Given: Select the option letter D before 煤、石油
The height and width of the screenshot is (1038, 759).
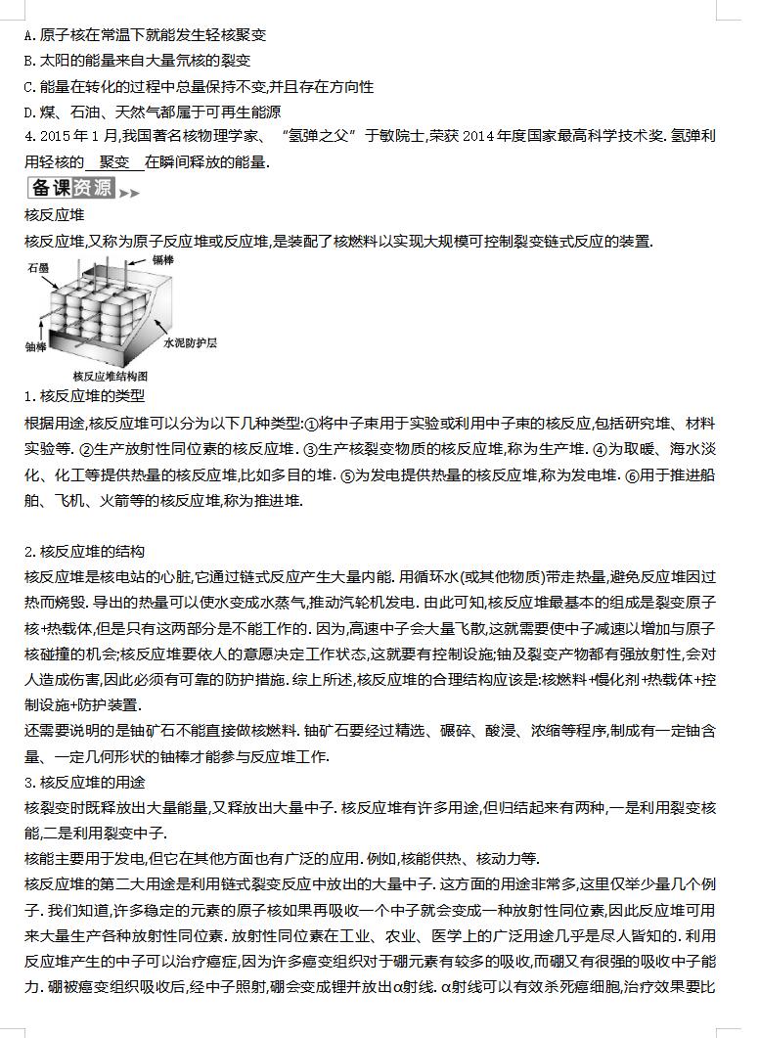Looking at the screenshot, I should (29, 112).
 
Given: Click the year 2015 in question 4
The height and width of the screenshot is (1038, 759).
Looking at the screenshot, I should (54, 137).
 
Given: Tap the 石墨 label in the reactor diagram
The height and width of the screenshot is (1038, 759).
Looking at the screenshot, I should (38, 266).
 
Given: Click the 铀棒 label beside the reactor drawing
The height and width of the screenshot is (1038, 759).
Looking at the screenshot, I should (35, 346).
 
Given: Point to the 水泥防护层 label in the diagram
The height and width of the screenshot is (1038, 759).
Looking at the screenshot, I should (190, 344).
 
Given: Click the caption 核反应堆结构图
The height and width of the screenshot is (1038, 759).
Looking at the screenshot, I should (110, 376).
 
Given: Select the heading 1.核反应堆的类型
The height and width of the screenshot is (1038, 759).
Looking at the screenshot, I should (84, 397).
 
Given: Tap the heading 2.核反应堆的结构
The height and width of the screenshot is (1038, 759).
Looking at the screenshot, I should (84, 552).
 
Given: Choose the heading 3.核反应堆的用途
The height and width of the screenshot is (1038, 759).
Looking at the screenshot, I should (84, 782).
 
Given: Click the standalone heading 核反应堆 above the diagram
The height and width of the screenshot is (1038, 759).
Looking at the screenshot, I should (53, 215).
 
